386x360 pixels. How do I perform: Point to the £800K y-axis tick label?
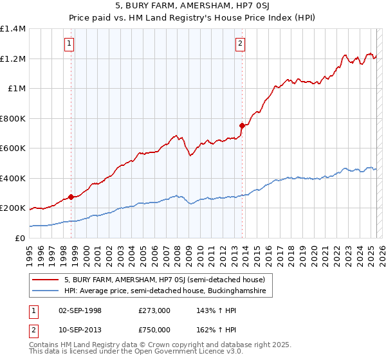pos(13,118)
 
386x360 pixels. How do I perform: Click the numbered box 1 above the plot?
pos(69,44)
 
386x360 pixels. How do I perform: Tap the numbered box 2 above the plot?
pos(240,44)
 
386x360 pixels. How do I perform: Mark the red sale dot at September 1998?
pos(71,197)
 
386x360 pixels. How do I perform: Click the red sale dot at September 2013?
pos(242,125)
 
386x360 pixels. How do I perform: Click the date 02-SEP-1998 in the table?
pos(79,310)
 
